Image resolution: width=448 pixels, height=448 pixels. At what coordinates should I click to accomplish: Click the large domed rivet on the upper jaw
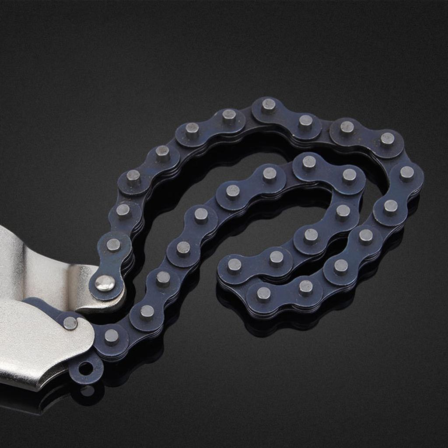(x=105, y=283)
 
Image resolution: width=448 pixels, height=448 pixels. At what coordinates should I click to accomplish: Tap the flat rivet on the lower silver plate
(x=70, y=323)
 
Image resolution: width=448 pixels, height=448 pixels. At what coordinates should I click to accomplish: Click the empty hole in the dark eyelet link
(x=86, y=369)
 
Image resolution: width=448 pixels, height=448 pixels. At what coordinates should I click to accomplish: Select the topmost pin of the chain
(x=268, y=105)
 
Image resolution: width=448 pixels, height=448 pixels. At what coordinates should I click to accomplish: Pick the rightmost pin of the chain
(x=407, y=173)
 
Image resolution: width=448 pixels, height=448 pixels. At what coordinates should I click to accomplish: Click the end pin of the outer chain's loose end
(x=263, y=294)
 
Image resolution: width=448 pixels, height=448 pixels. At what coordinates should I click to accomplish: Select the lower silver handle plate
(x=35, y=346)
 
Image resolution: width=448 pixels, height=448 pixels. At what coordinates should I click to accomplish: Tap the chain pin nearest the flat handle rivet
(x=111, y=336)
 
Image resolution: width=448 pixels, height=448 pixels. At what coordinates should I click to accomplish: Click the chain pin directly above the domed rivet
(x=113, y=245)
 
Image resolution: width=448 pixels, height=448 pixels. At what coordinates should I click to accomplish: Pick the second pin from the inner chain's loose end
(x=276, y=258)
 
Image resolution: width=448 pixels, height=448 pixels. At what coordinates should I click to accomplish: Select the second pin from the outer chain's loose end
(x=305, y=287)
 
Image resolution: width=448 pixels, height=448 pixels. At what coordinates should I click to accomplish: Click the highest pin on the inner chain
(x=309, y=162)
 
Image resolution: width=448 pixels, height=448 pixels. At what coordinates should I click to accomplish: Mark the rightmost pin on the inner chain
(x=349, y=175)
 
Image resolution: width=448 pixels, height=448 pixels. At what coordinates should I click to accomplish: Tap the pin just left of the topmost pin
(x=229, y=115)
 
